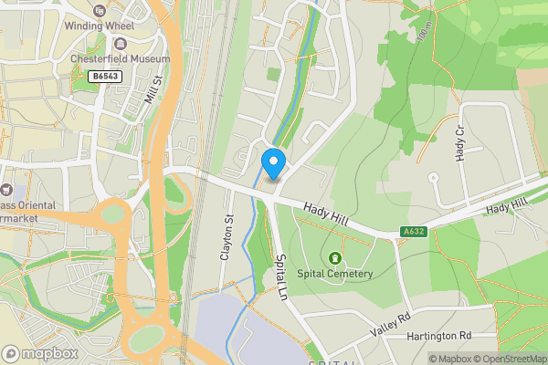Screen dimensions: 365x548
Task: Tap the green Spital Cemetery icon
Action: tap(338, 258)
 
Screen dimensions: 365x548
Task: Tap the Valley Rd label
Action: tap(393, 323)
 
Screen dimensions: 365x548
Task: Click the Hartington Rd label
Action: tap(439, 336)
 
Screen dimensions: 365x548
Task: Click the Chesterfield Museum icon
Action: tap(121, 44)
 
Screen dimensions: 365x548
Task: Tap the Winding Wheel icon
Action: tap(99, 10)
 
